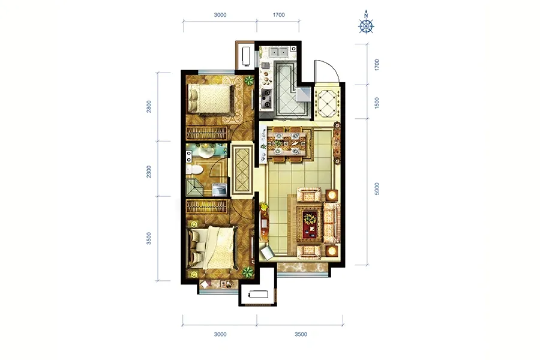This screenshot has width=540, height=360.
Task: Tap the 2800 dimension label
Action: (x=149, y=106)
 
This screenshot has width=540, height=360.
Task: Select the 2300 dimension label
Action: (x=149, y=172)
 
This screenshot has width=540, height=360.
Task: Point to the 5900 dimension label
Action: (x=377, y=189)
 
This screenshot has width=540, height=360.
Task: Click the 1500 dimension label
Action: (x=377, y=103)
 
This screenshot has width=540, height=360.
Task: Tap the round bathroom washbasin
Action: (x=206, y=152)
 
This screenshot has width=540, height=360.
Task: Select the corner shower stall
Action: (x=194, y=187)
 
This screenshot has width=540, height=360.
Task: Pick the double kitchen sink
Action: (x=278, y=52)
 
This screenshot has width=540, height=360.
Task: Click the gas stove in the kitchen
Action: (x=266, y=98)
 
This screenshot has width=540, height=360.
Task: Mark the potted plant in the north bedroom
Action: (x=248, y=81)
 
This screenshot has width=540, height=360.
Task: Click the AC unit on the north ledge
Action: (x=246, y=56)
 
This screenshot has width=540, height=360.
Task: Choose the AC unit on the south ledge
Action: (x=258, y=295)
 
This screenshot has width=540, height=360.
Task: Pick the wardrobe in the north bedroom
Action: (x=206, y=133)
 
